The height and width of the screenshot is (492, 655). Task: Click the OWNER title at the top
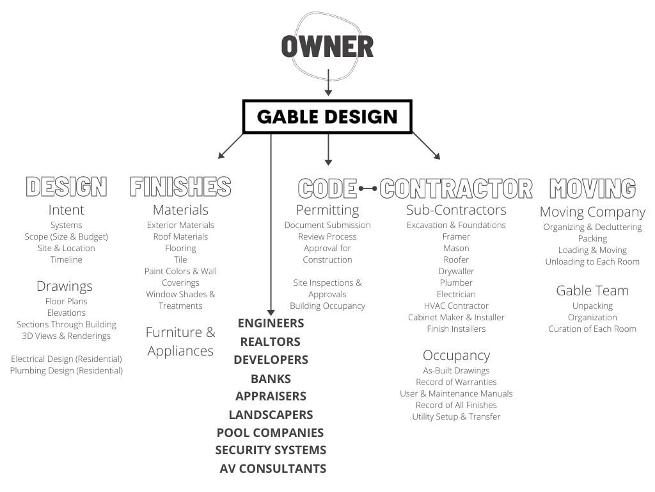327,47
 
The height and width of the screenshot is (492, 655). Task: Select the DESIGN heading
66,188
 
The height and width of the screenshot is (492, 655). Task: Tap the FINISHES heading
180,188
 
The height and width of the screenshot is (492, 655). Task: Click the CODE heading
327,189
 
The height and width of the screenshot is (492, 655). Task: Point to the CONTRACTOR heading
456,189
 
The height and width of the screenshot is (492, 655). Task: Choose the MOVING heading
592,189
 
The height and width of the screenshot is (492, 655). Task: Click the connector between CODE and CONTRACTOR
368,189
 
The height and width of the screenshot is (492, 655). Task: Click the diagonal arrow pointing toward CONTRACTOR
427,145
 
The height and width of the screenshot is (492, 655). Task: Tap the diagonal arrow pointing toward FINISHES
231,145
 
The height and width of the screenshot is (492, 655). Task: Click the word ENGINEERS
271,323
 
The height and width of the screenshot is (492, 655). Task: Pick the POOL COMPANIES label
270,432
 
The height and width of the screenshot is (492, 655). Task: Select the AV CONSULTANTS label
272,468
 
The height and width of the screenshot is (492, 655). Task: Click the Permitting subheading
327,209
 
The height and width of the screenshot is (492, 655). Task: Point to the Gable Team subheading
592,290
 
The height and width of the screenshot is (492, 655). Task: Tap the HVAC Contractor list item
456,306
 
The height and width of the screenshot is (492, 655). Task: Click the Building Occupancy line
327,306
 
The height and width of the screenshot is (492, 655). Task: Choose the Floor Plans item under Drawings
66,301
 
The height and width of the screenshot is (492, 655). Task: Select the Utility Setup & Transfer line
456,416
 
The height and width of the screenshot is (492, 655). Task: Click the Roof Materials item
180,236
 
